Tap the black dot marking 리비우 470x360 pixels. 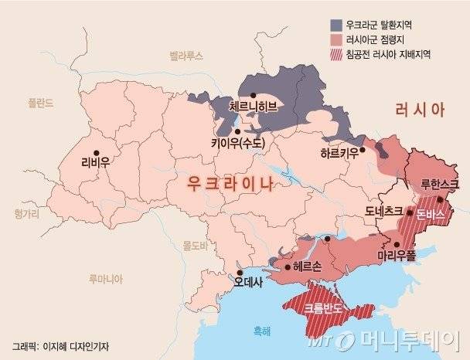96,151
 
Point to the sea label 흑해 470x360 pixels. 252,331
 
